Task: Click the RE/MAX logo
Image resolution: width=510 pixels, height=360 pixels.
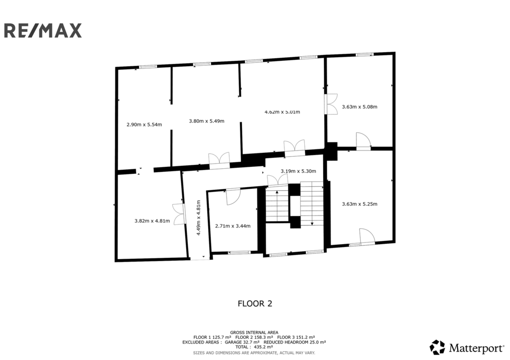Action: click(43, 30)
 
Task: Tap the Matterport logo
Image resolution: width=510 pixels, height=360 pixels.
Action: click(467, 348)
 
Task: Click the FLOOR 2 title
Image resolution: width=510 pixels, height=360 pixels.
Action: click(255, 304)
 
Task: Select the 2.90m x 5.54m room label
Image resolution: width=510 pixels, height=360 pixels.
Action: click(144, 124)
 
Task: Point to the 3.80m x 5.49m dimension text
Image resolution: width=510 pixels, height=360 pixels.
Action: click(207, 121)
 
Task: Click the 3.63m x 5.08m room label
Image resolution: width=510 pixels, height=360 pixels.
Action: click(360, 107)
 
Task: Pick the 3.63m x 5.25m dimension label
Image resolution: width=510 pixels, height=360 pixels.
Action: click(360, 204)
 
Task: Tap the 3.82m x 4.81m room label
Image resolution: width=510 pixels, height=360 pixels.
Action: click(152, 221)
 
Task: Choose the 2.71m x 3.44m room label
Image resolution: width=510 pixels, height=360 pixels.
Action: click(233, 226)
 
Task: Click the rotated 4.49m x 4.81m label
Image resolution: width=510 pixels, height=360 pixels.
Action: click(198, 218)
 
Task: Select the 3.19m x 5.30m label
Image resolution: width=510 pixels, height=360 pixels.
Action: click(298, 171)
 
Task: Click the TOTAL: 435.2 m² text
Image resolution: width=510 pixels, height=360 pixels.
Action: click(254, 347)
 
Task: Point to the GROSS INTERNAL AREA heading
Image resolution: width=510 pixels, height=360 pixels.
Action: click(255, 333)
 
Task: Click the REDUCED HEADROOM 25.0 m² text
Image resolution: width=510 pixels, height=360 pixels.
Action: click(295, 342)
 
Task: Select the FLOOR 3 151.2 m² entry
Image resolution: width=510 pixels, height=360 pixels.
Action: click(296, 338)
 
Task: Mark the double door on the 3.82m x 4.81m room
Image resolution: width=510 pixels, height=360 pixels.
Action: click(179, 214)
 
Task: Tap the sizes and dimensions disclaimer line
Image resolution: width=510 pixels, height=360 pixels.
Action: click(254, 353)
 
